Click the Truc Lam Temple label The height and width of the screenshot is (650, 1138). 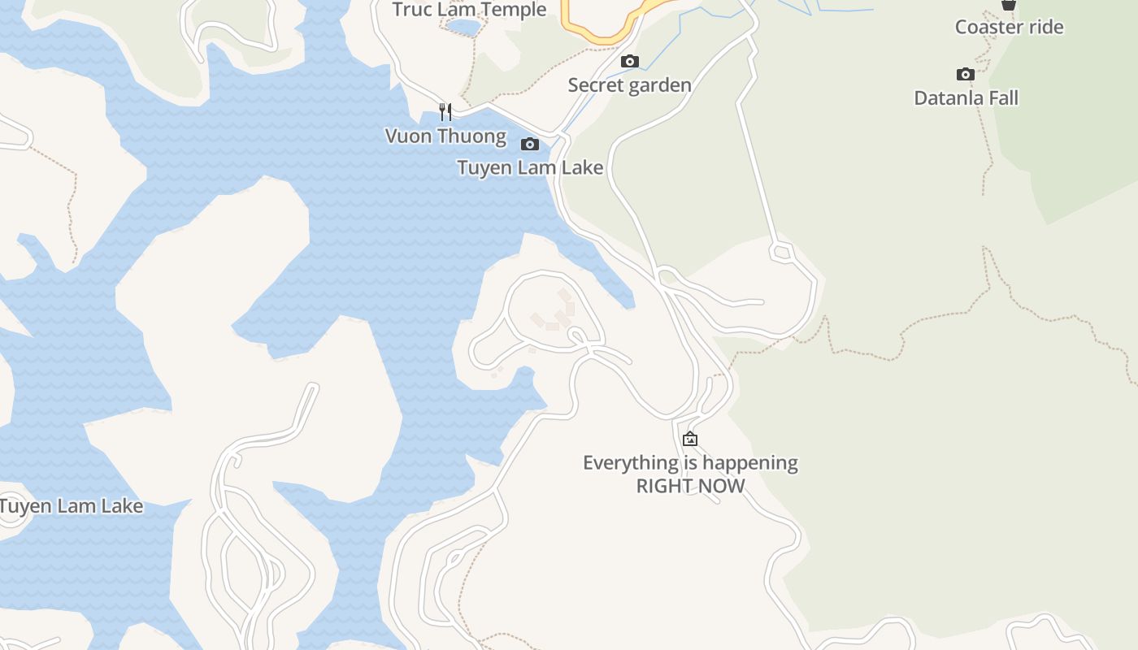[x=469, y=10]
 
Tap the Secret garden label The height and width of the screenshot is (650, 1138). [x=629, y=85]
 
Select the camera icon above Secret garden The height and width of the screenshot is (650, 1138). [x=629, y=62]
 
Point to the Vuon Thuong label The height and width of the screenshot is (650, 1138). [x=445, y=136]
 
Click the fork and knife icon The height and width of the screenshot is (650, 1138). [x=445, y=111]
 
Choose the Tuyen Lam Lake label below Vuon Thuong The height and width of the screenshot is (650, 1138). [x=530, y=168]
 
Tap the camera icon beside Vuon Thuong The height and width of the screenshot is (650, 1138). [x=530, y=145]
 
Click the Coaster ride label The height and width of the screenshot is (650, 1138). [x=1009, y=28]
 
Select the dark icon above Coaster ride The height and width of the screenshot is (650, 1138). [x=1009, y=5]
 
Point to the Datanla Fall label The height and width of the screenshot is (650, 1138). [x=966, y=98]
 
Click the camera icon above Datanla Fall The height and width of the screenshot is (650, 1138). [x=966, y=75]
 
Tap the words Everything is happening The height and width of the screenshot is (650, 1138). [x=690, y=463]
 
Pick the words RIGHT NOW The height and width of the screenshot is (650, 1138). [x=690, y=486]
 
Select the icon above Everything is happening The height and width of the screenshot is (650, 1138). [x=690, y=440]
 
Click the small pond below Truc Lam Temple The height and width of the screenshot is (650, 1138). [x=463, y=28]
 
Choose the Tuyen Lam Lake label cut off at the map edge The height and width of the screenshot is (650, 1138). [x=72, y=506]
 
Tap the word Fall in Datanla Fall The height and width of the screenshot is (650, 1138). [x=1003, y=98]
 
